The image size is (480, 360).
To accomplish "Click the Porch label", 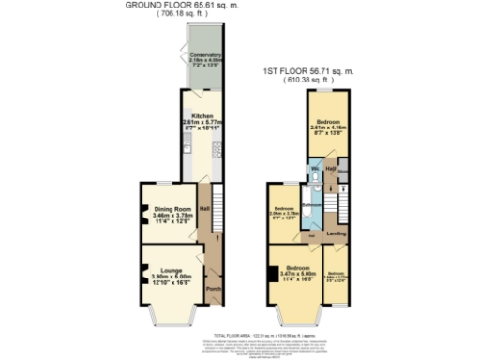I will point(213,289).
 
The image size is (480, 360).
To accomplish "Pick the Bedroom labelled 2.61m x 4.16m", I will point(329,123).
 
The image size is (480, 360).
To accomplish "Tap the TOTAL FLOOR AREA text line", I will point(240,335).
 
